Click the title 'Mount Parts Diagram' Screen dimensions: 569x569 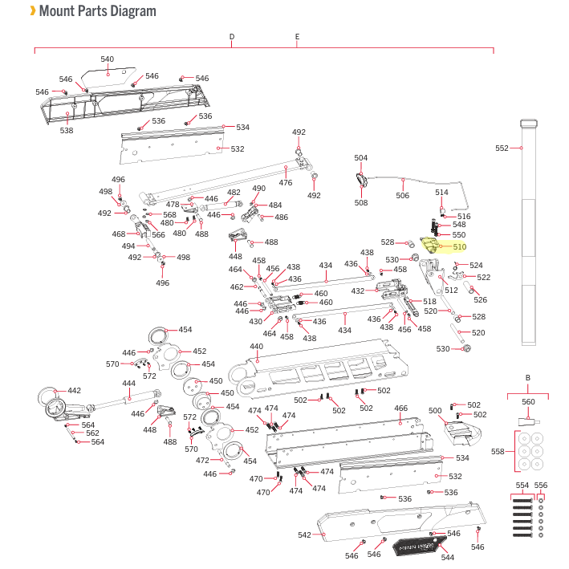click(x=97, y=11)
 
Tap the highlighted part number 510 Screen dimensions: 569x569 click(x=459, y=247)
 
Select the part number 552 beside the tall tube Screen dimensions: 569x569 click(x=502, y=148)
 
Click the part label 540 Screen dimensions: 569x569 click(x=107, y=59)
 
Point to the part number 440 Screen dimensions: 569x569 click(x=256, y=347)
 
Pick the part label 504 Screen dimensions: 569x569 click(x=361, y=158)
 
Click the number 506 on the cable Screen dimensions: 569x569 click(x=402, y=195)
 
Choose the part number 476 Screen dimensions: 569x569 click(x=286, y=182)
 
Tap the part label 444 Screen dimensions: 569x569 click(x=128, y=384)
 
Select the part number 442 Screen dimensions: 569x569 click(x=74, y=391)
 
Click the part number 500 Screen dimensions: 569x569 click(x=436, y=410)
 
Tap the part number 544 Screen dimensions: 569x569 click(x=448, y=557)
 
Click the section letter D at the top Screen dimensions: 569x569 click(x=231, y=37)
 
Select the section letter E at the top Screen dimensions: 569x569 click(x=297, y=37)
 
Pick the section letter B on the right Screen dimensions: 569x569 click(x=528, y=377)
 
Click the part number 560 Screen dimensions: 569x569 click(x=528, y=402)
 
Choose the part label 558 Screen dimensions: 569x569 click(x=498, y=452)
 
